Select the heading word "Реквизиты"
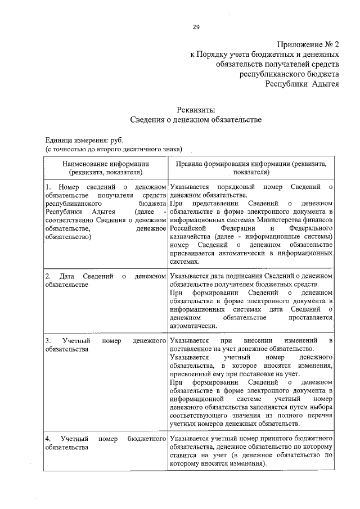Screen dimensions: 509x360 point(196,110)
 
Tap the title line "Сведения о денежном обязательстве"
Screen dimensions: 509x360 point(196,119)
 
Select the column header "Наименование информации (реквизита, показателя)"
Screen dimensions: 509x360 point(106,168)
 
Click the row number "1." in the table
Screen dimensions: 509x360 point(48,186)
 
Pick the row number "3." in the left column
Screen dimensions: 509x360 point(48,341)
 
